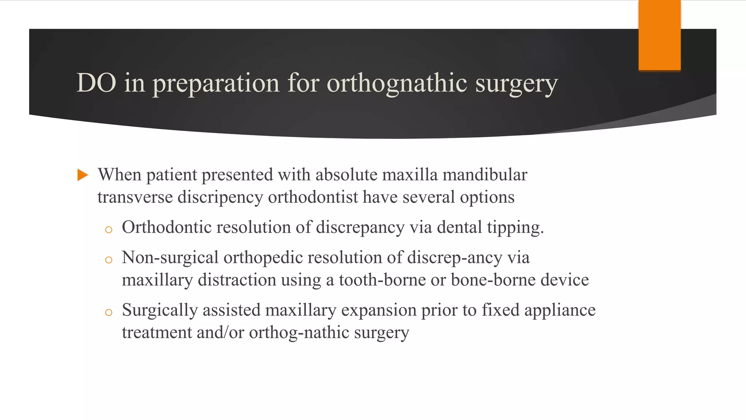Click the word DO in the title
click(x=96, y=83)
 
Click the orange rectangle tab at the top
click(x=659, y=35)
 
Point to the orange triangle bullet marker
click(x=83, y=175)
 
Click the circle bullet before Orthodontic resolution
click(x=108, y=230)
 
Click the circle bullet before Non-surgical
click(x=108, y=260)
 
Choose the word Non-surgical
click(x=170, y=258)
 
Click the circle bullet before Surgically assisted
click(x=108, y=312)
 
